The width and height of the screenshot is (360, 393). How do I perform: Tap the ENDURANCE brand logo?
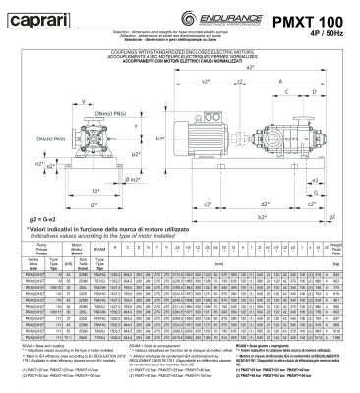[207, 17]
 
